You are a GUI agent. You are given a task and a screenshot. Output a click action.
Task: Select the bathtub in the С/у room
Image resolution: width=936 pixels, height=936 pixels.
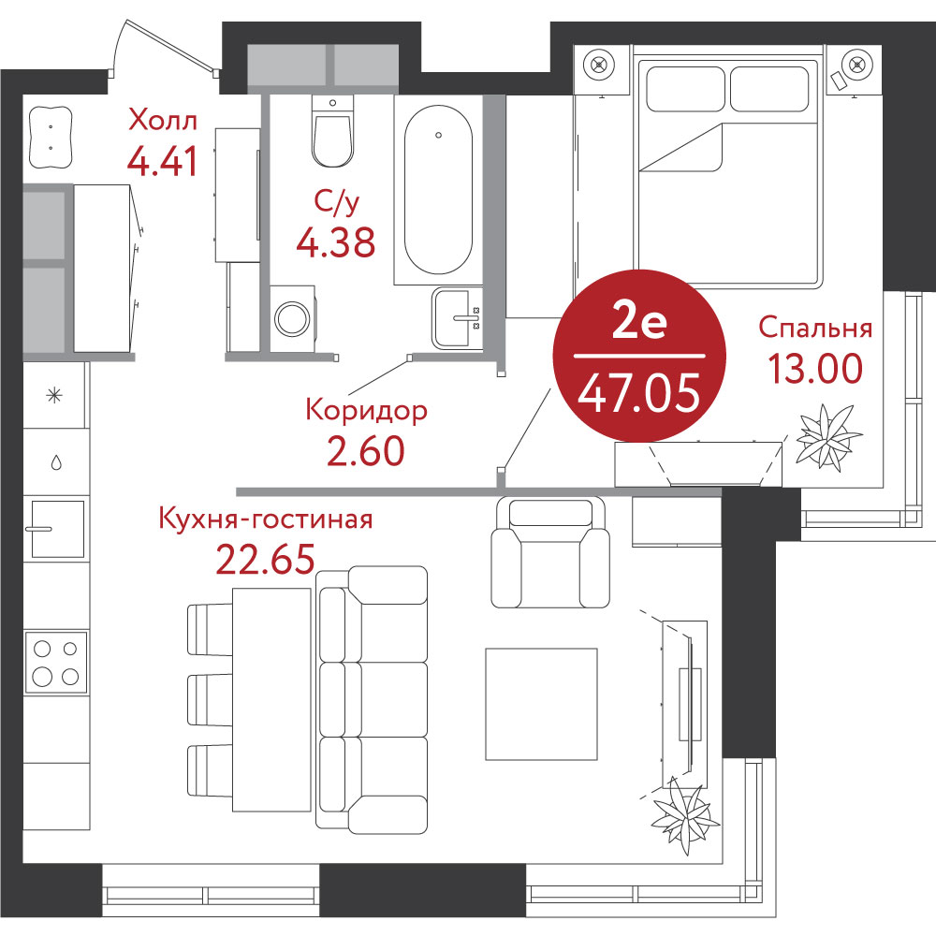(439, 190)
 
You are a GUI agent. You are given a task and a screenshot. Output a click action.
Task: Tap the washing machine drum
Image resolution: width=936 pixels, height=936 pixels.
(292, 318)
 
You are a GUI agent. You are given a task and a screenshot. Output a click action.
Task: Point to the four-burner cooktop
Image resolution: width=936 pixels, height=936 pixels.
(56, 662)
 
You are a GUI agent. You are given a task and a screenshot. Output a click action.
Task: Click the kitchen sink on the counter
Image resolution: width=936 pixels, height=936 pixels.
(57, 529)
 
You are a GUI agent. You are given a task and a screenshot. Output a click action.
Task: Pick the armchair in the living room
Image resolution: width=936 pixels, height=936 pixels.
(549, 552)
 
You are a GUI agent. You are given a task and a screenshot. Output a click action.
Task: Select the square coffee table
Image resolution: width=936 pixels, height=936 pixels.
(541, 704)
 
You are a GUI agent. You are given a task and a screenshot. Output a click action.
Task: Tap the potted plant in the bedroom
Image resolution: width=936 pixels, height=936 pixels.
(828, 436)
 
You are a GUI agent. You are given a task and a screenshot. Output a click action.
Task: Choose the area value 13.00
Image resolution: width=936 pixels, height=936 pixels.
(815, 368)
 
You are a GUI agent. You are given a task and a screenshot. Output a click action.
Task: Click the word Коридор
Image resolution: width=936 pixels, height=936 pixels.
(367, 411)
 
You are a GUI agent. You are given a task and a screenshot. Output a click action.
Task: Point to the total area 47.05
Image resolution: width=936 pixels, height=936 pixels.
(638, 394)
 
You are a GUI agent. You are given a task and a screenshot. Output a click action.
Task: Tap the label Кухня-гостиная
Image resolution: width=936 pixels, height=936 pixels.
(266, 519)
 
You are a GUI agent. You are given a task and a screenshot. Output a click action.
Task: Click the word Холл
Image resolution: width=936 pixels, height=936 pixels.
(163, 121)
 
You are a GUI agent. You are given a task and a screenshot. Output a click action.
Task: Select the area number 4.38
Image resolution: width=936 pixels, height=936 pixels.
(336, 241)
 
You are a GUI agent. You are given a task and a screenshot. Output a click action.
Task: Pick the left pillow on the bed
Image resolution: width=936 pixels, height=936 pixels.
(685, 89)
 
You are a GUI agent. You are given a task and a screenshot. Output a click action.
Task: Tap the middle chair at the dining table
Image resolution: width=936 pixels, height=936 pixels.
(210, 700)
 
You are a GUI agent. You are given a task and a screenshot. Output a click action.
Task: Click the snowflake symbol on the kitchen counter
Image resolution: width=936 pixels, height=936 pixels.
(55, 395)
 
